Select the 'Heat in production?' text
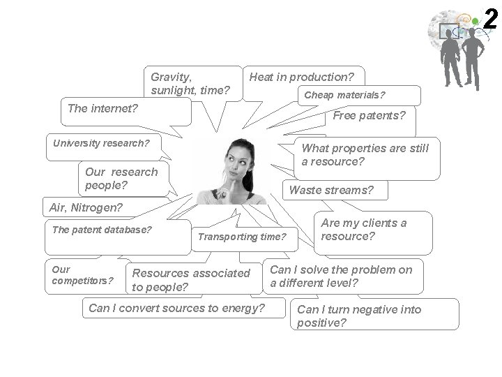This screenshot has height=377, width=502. tap(301, 77)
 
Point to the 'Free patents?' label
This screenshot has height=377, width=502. tap(369, 116)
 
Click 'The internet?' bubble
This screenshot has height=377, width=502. tap(102, 108)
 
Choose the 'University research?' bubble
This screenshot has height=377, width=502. tap(101, 144)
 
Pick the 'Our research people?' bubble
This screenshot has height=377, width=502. tap(121, 178)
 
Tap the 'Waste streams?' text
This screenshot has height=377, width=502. tap(331, 190)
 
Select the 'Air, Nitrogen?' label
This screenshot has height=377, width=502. tap(86, 207)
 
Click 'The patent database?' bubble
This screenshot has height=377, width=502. tap(102, 230)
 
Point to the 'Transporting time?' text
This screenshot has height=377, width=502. tap(242, 237)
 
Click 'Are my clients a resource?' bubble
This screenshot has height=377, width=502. tap(363, 230)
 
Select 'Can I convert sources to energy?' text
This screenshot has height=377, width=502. tap(177, 308)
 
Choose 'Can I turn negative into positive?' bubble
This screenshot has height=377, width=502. tap(359, 316)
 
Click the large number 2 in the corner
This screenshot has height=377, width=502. tap(490, 19)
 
